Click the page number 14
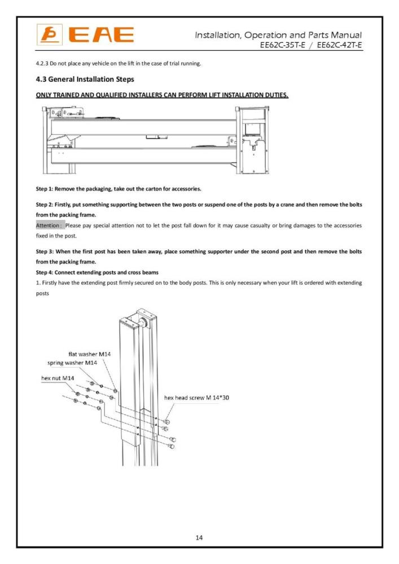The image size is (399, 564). coord(199,537)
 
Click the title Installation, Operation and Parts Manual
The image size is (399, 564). coord(278,36)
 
